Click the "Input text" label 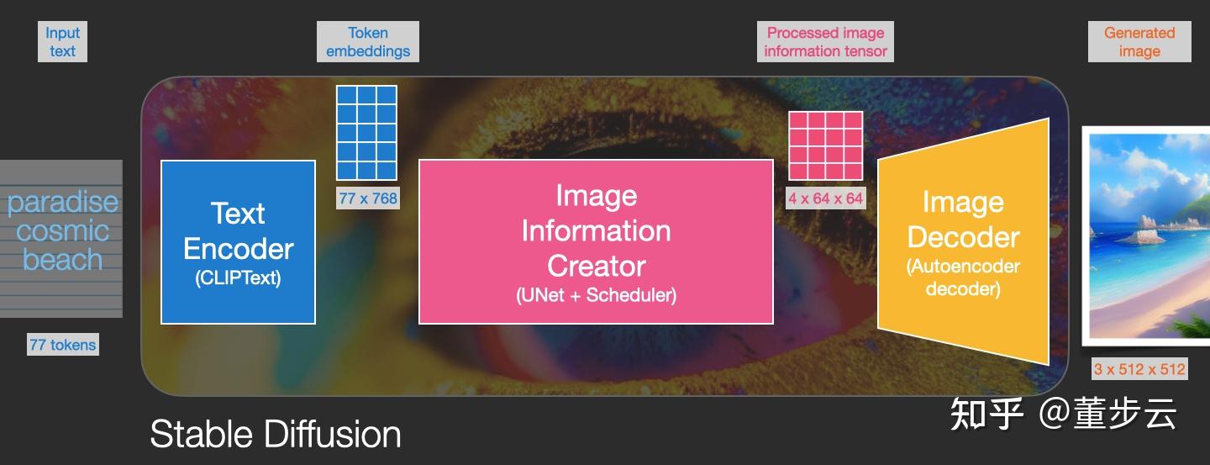(62, 42)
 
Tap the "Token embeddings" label (368, 42)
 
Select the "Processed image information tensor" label (825, 42)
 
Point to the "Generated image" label (1139, 42)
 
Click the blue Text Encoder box (239, 242)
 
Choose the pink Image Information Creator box (596, 241)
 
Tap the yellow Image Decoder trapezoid (963, 241)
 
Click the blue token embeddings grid (366, 133)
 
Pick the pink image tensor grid (825, 146)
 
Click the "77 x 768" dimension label (368, 198)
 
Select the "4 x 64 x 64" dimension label (825, 198)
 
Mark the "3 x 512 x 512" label (1139, 369)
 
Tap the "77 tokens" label (63, 345)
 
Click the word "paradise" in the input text (63, 203)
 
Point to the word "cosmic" (63, 231)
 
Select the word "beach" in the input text (63, 260)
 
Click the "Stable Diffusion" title (276, 434)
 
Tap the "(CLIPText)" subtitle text (239, 278)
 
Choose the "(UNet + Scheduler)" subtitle (597, 295)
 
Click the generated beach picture (1146, 236)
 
